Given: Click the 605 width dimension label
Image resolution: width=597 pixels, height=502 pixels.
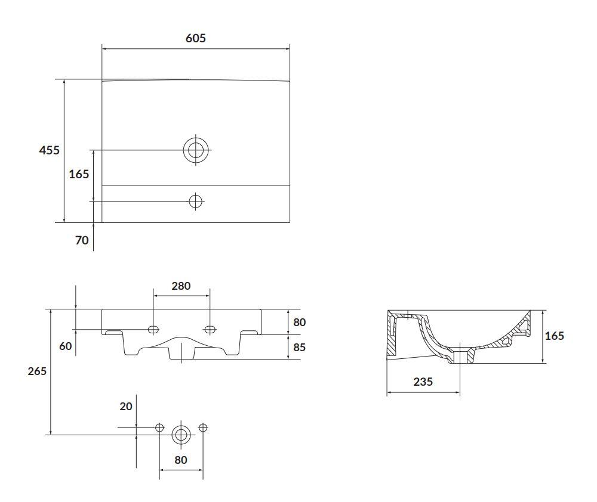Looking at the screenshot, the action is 196,38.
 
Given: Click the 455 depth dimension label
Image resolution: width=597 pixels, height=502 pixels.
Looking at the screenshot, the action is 50,150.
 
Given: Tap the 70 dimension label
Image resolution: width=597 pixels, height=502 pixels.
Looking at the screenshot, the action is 82,240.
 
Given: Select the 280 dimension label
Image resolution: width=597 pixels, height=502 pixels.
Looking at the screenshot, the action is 181,286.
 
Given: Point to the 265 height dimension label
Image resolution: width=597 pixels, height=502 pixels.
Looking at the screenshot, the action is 37,371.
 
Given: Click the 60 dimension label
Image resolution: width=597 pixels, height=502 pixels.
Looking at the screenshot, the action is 66,346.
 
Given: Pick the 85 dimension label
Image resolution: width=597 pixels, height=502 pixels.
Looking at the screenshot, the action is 299,347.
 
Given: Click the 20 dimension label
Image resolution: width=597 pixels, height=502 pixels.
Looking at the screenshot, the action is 126,407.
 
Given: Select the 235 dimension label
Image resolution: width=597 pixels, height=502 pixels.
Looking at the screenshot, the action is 423,382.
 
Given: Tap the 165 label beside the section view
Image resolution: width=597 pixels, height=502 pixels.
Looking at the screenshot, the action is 555,336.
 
